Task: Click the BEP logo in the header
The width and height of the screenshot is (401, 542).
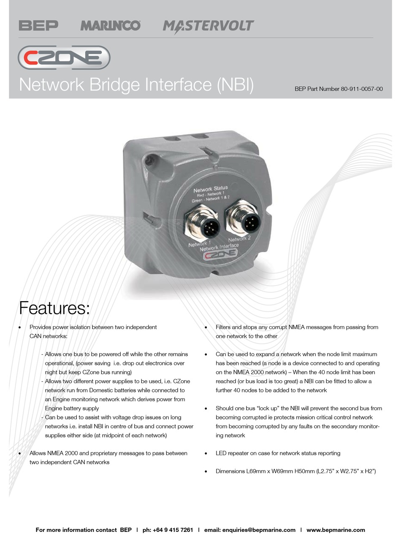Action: pos(38,26)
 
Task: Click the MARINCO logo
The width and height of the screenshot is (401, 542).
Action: pos(111,26)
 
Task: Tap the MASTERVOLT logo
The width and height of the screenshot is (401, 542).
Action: pos(209,26)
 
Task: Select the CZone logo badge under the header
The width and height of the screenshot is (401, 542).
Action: pos(64,57)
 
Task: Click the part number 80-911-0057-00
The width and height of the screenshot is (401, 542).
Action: pos(362,89)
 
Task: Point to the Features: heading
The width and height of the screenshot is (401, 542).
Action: pos(54,308)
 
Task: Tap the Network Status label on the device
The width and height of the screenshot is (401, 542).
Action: pos(210,189)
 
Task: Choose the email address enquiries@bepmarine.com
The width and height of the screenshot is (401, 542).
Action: pos(259,530)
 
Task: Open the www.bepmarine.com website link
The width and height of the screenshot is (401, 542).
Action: pos(336,530)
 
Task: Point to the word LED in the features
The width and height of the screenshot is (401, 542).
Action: pos(221,453)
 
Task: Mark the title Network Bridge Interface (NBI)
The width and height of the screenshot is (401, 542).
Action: pos(136,84)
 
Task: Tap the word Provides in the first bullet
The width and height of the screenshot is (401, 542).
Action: pos(41,327)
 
